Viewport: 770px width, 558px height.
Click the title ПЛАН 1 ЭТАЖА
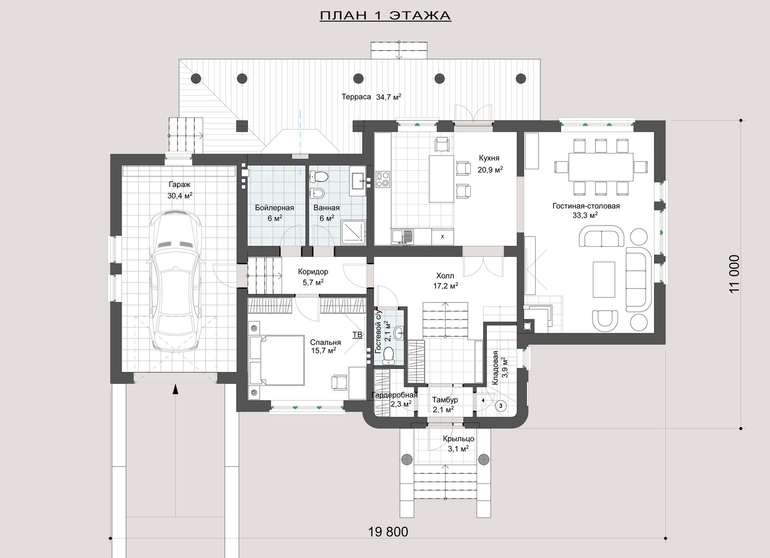[385, 16]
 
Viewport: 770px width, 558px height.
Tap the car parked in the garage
[175, 281]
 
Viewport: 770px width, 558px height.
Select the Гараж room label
[180, 185]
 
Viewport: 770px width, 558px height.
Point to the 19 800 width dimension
[388, 532]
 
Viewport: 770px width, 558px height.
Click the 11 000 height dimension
[734, 274]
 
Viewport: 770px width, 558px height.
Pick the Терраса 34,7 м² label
[371, 97]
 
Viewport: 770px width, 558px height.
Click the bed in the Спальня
[277, 360]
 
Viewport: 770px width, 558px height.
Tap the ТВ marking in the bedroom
[357, 334]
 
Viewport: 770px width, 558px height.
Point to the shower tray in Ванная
[353, 232]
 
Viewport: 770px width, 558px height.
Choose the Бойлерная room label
[274, 208]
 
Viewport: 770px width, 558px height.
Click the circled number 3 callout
[500, 406]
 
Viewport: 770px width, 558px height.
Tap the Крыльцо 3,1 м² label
[459, 444]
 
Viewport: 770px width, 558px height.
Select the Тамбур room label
[445, 400]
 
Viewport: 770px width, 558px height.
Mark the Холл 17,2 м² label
[445, 280]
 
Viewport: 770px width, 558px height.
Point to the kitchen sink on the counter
[402, 236]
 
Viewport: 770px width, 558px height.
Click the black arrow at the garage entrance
[175, 389]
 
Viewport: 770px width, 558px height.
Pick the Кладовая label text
[495, 368]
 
